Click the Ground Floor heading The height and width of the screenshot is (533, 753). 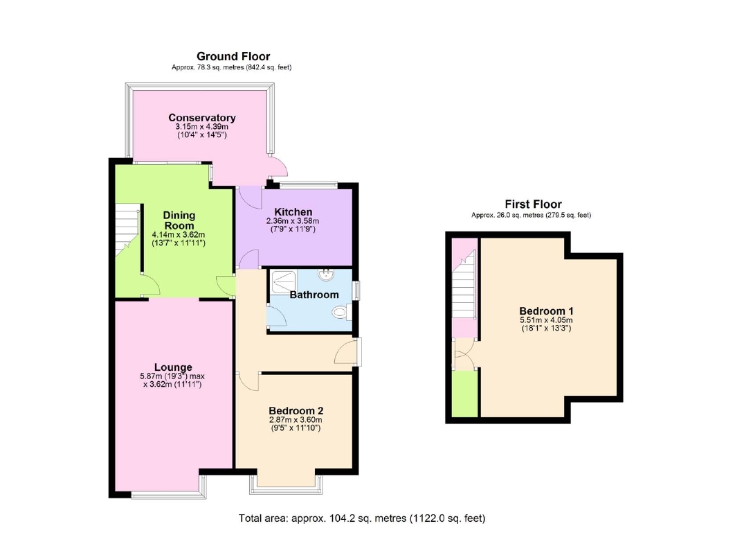[233, 56]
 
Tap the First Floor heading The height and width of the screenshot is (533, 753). [533, 204]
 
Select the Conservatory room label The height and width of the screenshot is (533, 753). [201, 117]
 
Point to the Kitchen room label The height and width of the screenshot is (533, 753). [293, 211]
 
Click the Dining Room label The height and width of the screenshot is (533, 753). [179, 220]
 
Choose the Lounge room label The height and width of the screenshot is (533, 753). [173, 367]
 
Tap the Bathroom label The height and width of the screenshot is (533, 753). [314, 295]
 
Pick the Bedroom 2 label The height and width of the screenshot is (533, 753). [296, 410]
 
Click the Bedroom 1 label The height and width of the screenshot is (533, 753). [546, 311]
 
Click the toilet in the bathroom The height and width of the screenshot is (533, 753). [341, 313]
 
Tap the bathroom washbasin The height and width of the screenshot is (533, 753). [325, 275]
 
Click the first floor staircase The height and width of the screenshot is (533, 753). [464, 286]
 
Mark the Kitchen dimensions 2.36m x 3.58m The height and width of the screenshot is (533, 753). [293, 221]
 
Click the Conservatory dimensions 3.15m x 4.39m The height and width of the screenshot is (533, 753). [201, 127]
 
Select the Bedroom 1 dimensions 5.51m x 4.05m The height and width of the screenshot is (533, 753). [546, 320]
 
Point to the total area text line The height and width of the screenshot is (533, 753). [362, 518]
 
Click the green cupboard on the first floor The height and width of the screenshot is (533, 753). [465, 394]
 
